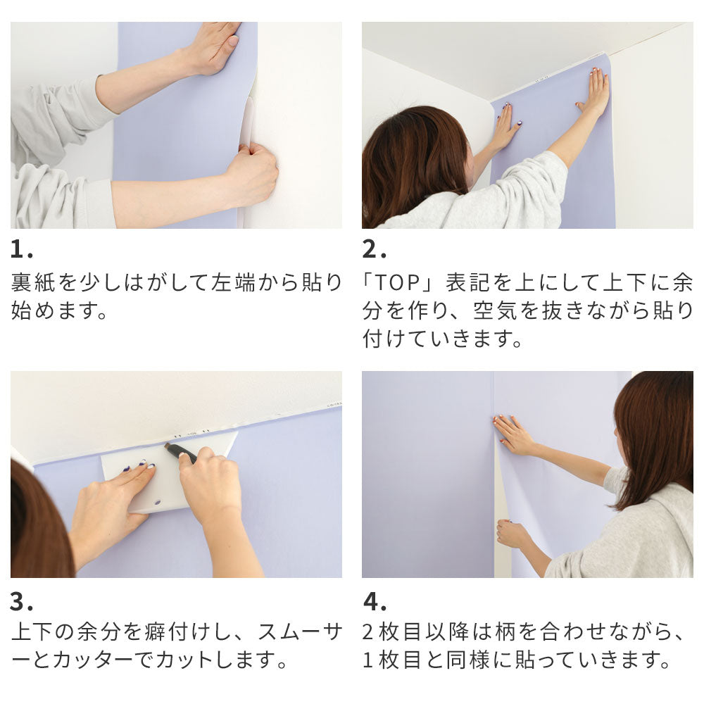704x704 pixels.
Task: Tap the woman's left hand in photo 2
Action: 505,127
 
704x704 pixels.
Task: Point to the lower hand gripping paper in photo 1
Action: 253,172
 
